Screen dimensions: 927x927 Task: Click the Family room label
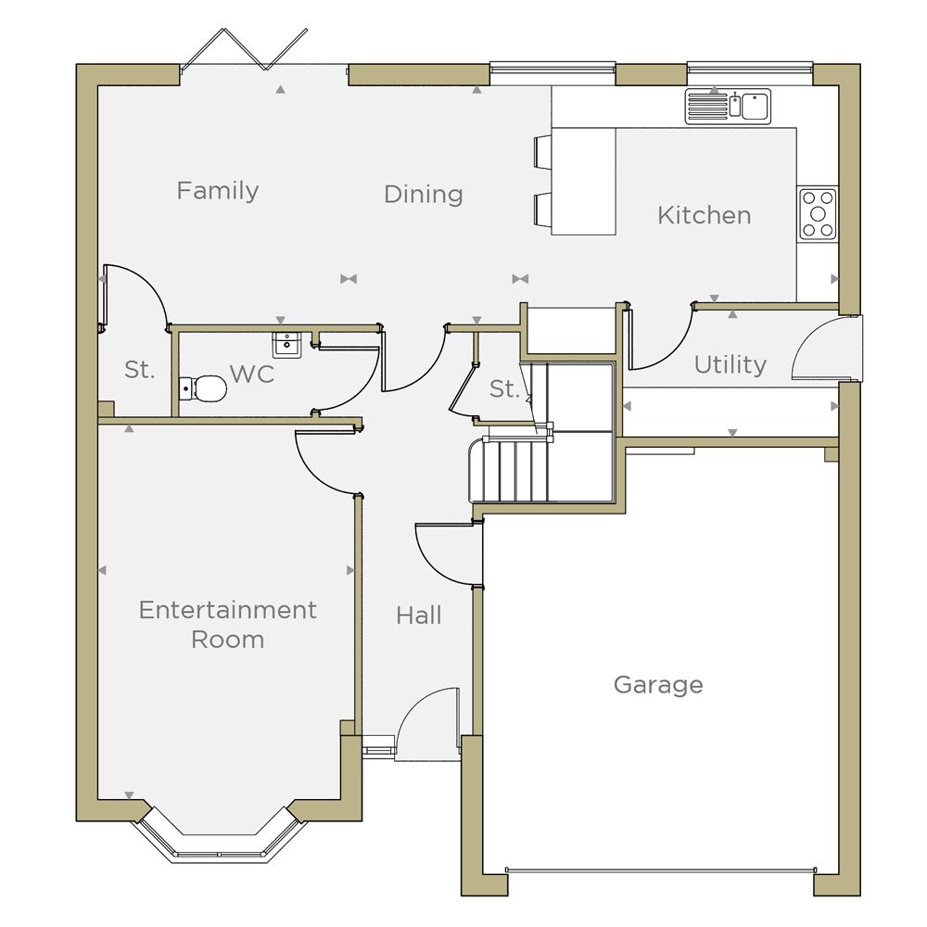click(x=218, y=192)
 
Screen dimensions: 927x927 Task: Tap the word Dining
click(x=424, y=195)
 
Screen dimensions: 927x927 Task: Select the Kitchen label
click(x=705, y=215)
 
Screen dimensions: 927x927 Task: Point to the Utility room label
click(x=730, y=364)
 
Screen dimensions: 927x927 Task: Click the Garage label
click(x=658, y=685)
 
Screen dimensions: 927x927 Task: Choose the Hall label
click(x=419, y=616)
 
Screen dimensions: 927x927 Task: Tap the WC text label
click(x=252, y=375)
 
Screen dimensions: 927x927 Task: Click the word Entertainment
click(x=228, y=610)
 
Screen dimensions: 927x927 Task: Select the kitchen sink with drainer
click(x=728, y=107)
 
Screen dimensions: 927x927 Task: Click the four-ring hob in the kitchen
click(x=818, y=214)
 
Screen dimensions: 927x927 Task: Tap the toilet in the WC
click(x=202, y=389)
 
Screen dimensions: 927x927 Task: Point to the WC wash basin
click(x=286, y=345)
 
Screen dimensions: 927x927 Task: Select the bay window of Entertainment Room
click(x=220, y=836)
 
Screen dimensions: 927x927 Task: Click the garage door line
click(x=660, y=870)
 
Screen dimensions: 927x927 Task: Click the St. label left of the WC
click(x=140, y=370)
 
